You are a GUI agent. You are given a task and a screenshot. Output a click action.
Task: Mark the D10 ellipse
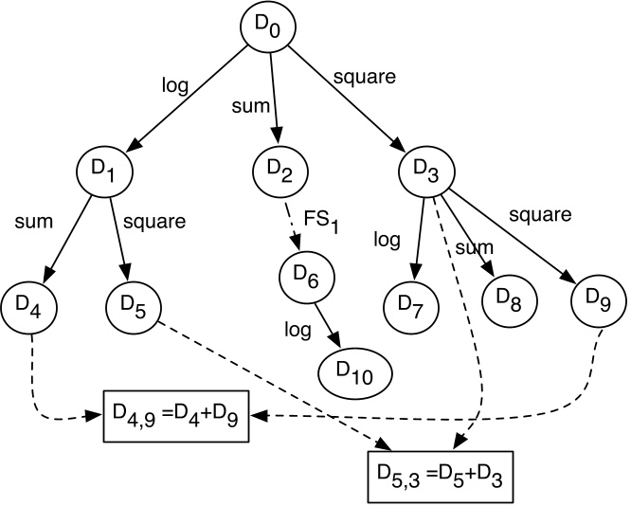click(353, 373)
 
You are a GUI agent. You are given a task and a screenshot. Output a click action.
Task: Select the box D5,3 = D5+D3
click(441, 474)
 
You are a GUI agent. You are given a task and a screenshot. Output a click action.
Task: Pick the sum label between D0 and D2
click(247, 103)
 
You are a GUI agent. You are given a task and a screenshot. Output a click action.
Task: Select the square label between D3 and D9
click(540, 214)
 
